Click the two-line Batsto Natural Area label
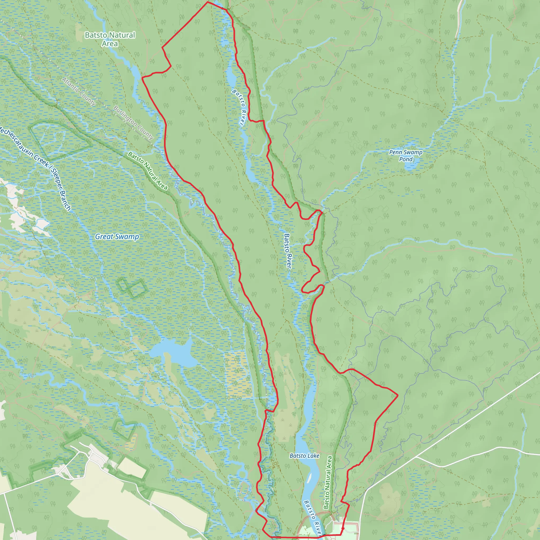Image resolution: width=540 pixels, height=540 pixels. pyautogui.click(x=110, y=39)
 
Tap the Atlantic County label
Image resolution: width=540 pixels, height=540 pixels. pyautogui.click(x=79, y=91)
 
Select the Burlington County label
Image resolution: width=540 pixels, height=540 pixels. pyautogui.click(x=133, y=122)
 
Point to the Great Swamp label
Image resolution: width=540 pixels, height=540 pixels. pyautogui.click(x=117, y=237)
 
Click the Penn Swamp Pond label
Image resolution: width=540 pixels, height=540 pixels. pyautogui.click(x=406, y=156)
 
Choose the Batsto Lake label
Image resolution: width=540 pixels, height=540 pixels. pyautogui.click(x=304, y=456)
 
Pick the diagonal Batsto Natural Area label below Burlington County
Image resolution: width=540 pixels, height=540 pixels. pyautogui.click(x=148, y=171)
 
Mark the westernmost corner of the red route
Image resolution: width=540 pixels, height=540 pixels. pyautogui.click(x=142, y=78)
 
